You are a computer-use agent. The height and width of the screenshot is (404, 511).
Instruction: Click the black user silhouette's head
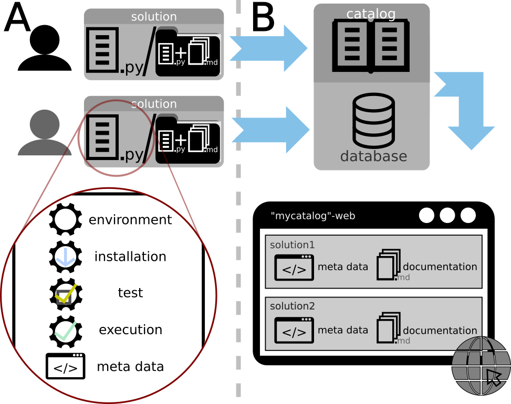point(45,39)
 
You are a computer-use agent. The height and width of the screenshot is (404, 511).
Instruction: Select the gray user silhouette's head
point(45,124)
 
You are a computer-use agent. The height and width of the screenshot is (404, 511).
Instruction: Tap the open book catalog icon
point(371,46)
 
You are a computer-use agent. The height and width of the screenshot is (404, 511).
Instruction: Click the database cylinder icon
point(373,121)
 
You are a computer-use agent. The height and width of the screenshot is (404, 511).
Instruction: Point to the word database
point(373,156)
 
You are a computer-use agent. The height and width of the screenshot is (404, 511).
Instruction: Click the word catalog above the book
point(371,14)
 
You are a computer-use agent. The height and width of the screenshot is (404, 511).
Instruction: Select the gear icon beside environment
point(66,219)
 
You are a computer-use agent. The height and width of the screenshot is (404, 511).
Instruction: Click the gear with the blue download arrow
point(66,257)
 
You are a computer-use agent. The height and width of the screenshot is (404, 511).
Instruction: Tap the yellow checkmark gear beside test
point(66,294)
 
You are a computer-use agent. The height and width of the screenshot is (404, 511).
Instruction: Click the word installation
point(130,257)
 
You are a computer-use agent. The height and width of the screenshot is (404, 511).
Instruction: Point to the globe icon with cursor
point(481,366)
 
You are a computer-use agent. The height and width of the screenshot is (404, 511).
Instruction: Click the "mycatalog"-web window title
point(313,216)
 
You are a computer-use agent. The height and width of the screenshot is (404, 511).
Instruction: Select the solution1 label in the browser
point(292,245)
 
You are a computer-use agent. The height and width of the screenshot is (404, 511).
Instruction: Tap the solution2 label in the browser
point(293,306)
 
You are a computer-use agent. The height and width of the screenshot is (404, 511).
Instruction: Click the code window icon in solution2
point(294,331)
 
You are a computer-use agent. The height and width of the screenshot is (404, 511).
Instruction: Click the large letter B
point(263,18)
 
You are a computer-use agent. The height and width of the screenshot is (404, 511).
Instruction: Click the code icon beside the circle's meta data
point(66,366)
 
